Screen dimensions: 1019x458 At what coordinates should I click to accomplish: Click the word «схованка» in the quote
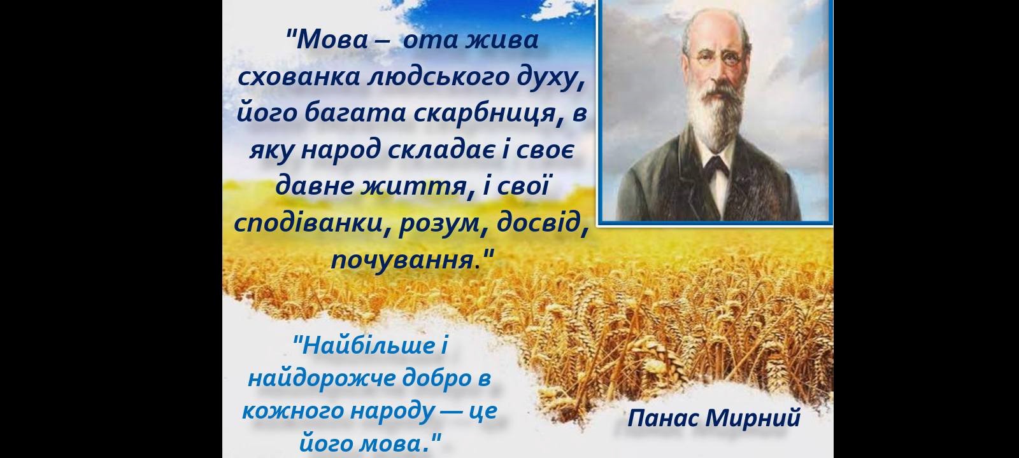(x=299, y=77)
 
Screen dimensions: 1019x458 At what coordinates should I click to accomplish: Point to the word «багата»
(x=355, y=113)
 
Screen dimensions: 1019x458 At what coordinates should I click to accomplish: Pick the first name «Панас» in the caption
(x=664, y=418)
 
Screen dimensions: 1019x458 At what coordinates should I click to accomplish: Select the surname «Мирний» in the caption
(x=753, y=418)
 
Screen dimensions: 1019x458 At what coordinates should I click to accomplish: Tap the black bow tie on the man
(x=716, y=166)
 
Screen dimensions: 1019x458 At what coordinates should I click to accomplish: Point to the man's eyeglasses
(x=717, y=60)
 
